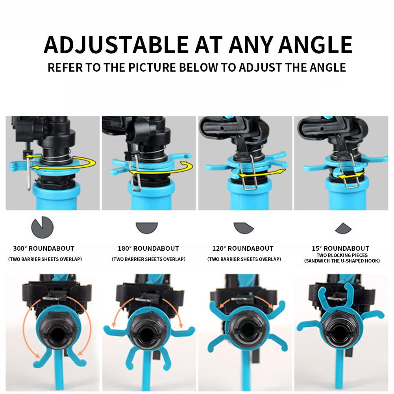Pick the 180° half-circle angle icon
coord(147,227)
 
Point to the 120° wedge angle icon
coord(244,228)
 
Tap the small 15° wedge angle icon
coord(342,228)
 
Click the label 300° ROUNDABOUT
coord(44,248)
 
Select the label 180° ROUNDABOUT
coord(148,248)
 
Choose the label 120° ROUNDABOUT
coord(243,248)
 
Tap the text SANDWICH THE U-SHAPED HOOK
coord(341,261)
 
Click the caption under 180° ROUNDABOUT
coord(148,259)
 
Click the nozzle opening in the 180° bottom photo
coord(146,330)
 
